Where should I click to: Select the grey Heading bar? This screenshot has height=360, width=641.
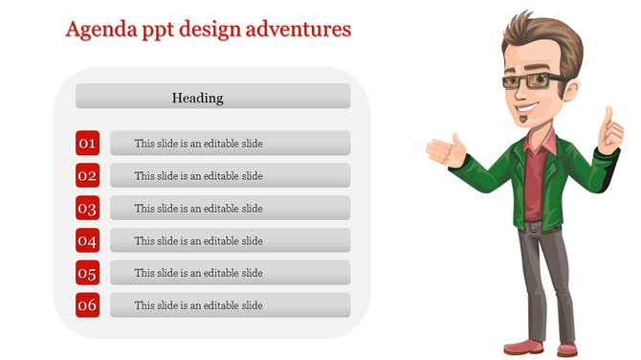tap(212, 97)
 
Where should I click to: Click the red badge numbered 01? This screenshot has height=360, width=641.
tap(87, 144)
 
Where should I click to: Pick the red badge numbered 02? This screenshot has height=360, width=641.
tap(87, 176)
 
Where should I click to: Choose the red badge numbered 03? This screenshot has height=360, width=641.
tap(87, 209)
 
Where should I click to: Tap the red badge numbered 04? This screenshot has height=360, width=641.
tap(87, 241)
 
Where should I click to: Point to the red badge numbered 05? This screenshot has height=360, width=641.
tap(87, 274)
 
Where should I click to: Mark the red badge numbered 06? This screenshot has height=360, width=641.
tap(87, 306)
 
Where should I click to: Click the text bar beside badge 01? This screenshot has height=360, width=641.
tap(230, 144)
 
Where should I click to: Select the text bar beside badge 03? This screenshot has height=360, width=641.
tap(230, 209)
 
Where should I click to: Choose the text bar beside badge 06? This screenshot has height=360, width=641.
tap(230, 306)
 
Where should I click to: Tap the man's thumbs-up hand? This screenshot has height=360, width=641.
tap(609, 132)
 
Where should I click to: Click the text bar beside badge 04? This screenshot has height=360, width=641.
tap(230, 241)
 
